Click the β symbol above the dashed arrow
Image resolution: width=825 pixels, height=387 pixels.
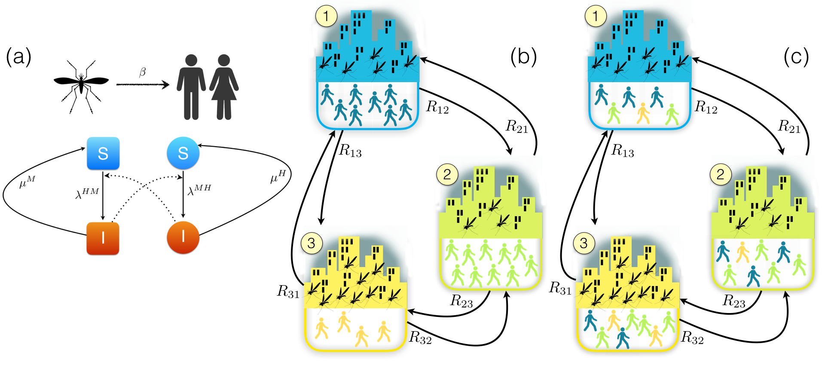click(x=143, y=72)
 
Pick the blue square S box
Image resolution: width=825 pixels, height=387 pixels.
click(x=103, y=154)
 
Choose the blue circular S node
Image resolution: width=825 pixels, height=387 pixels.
click(x=183, y=153)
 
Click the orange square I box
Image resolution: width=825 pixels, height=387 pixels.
click(x=103, y=238)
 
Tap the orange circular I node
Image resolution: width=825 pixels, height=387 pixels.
click(x=183, y=237)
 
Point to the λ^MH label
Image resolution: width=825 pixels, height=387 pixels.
click(x=199, y=190)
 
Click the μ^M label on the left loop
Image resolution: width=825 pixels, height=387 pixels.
click(x=27, y=182)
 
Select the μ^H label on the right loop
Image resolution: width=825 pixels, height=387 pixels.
click(x=278, y=176)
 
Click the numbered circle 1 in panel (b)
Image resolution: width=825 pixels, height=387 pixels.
click(x=326, y=16)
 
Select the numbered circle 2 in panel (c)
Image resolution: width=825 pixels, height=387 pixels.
click(x=720, y=174)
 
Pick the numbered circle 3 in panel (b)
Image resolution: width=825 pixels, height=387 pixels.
click(x=312, y=243)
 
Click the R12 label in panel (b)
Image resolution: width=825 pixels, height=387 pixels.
click(x=437, y=107)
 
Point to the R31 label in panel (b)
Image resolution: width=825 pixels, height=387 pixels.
click(x=288, y=292)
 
